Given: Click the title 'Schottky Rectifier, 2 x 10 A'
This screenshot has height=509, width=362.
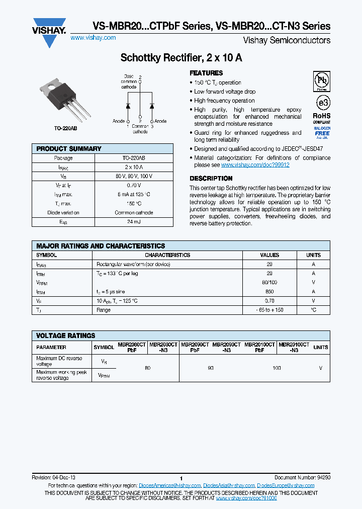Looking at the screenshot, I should click(x=181, y=58).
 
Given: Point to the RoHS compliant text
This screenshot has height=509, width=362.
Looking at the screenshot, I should click(x=322, y=119).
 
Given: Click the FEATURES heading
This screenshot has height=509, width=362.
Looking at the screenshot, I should click(x=206, y=73).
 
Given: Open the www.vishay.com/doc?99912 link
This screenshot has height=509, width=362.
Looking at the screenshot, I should click(x=255, y=165).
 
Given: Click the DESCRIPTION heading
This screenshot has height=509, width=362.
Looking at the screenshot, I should click(x=211, y=179).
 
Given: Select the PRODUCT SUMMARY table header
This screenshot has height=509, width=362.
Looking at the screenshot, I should click(x=69, y=149).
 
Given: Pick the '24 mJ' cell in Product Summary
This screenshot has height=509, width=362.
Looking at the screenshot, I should click(x=134, y=222).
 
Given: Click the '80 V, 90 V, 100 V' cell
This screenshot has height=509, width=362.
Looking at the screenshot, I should click(x=134, y=176).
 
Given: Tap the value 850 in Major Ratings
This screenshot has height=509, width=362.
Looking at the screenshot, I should click(x=269, y=292).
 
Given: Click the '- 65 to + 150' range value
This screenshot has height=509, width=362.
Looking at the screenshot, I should click(x=269, y=310).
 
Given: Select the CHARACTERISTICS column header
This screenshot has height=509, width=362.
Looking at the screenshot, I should click(x=167, y=255).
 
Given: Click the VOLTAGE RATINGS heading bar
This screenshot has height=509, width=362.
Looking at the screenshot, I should click(x=66, y=335).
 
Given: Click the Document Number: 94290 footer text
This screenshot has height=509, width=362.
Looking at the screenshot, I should click(x=302, y=477).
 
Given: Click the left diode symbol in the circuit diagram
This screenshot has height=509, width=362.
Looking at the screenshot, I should click(x=128, y=106).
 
